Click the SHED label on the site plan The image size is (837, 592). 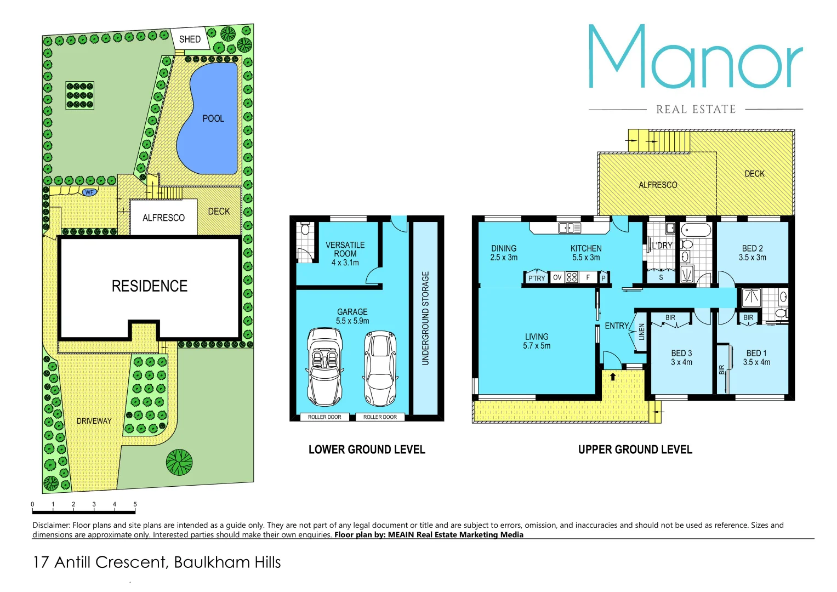[190, 39]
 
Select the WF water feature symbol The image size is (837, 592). [89, 192]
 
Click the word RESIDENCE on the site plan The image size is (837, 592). [149, 286]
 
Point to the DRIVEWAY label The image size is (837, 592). [94, 421]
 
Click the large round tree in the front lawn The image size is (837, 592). [179, 462]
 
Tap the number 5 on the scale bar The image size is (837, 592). [135, 504]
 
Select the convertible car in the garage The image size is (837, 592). [326, 366]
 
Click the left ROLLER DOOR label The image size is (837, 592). [324, 417]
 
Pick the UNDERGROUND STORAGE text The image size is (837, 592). [425, 318]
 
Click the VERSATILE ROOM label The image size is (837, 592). [345, 253]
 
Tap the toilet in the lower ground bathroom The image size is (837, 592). [305, 229]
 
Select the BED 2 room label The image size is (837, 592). [752, 253]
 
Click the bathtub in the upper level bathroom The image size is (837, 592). [696, 230]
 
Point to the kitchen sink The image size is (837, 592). [569, 228]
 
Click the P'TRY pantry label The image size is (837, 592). [537, 278]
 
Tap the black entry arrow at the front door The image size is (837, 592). [613, 377]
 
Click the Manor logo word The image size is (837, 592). [695, 58]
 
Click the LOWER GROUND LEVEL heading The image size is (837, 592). [367, 450]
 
